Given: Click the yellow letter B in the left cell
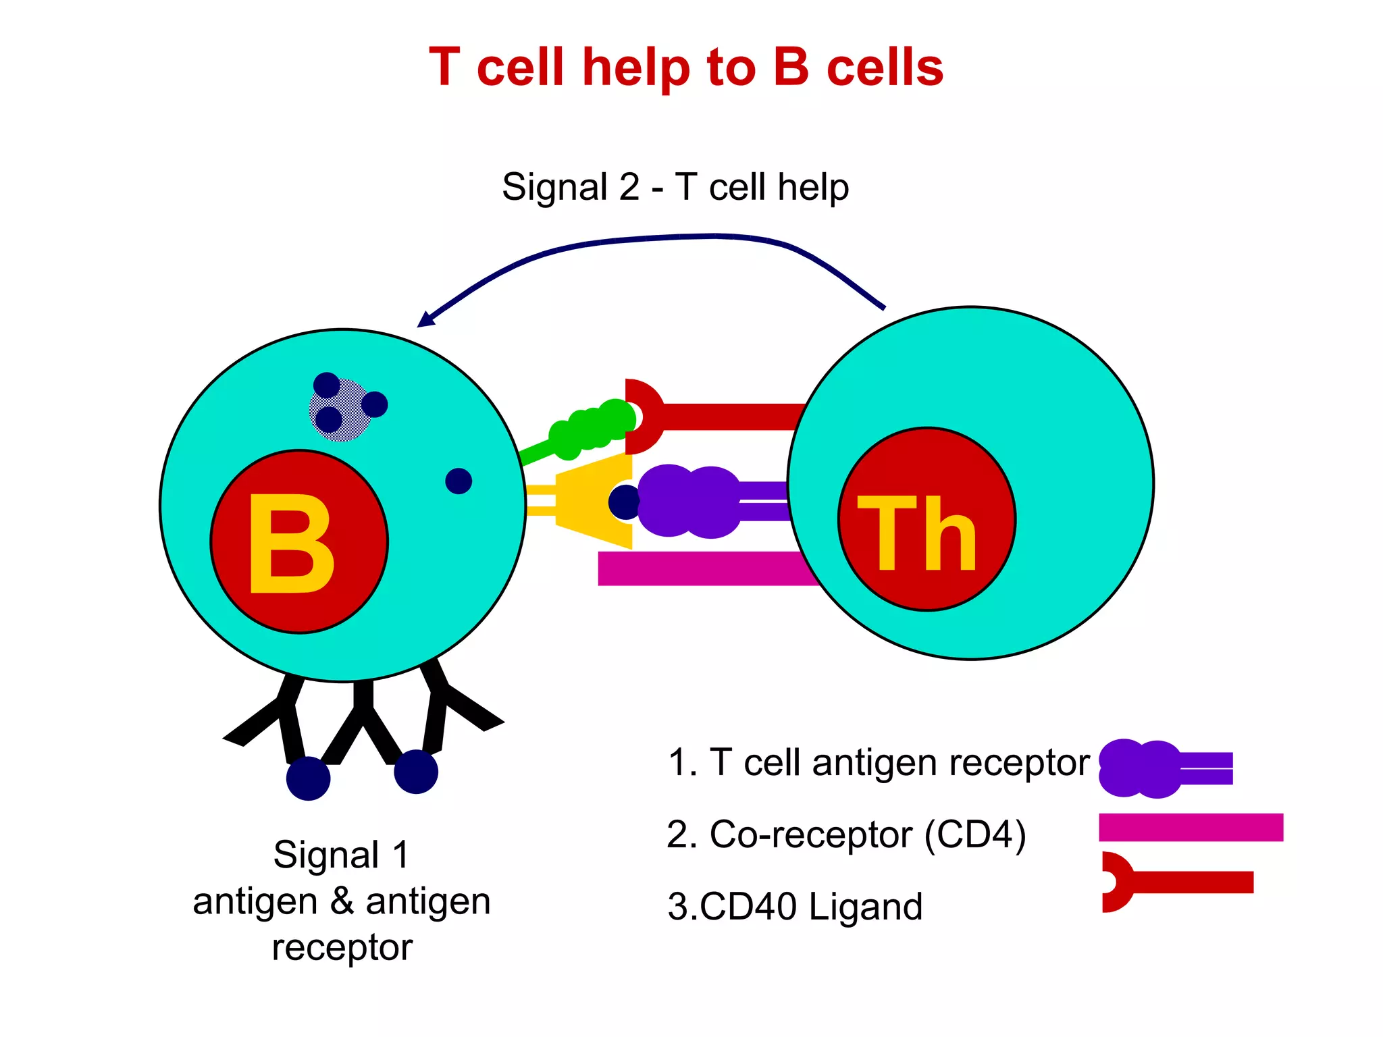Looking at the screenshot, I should (292, 543).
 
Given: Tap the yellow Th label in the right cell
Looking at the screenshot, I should (917, 533).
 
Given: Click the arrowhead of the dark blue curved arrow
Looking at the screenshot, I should (426, 319).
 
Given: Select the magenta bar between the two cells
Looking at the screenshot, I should (702, 568).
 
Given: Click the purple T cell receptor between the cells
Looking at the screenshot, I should (689, 501).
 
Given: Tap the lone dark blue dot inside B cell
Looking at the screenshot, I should (459, 481).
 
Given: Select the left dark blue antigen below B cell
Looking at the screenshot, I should (308, 778).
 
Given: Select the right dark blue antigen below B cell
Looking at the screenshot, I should (416, 772).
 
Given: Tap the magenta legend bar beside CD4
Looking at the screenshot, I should (1191, 827).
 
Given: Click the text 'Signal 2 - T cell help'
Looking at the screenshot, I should (675, 187).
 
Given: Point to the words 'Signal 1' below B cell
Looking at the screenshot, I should (342, 855).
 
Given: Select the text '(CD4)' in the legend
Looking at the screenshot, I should (975, 834).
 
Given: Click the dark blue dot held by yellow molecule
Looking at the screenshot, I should (625, 502).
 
